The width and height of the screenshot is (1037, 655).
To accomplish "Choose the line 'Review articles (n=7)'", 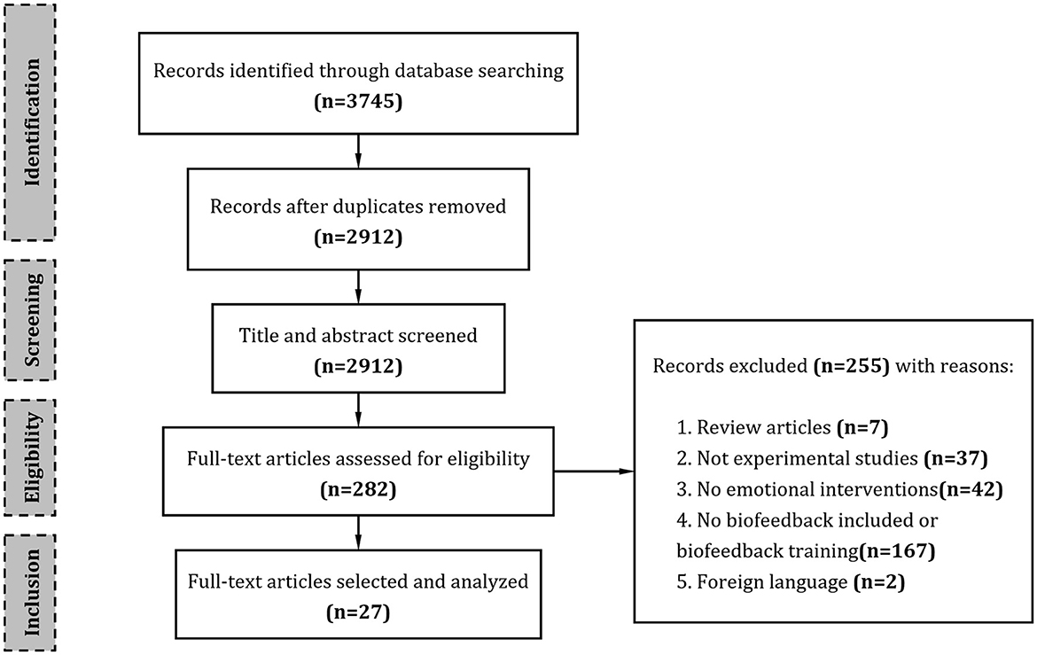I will [779, 428].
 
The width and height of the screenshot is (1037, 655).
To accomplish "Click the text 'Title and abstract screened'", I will [358, 334].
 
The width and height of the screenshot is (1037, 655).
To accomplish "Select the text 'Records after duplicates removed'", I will [358, 207].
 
